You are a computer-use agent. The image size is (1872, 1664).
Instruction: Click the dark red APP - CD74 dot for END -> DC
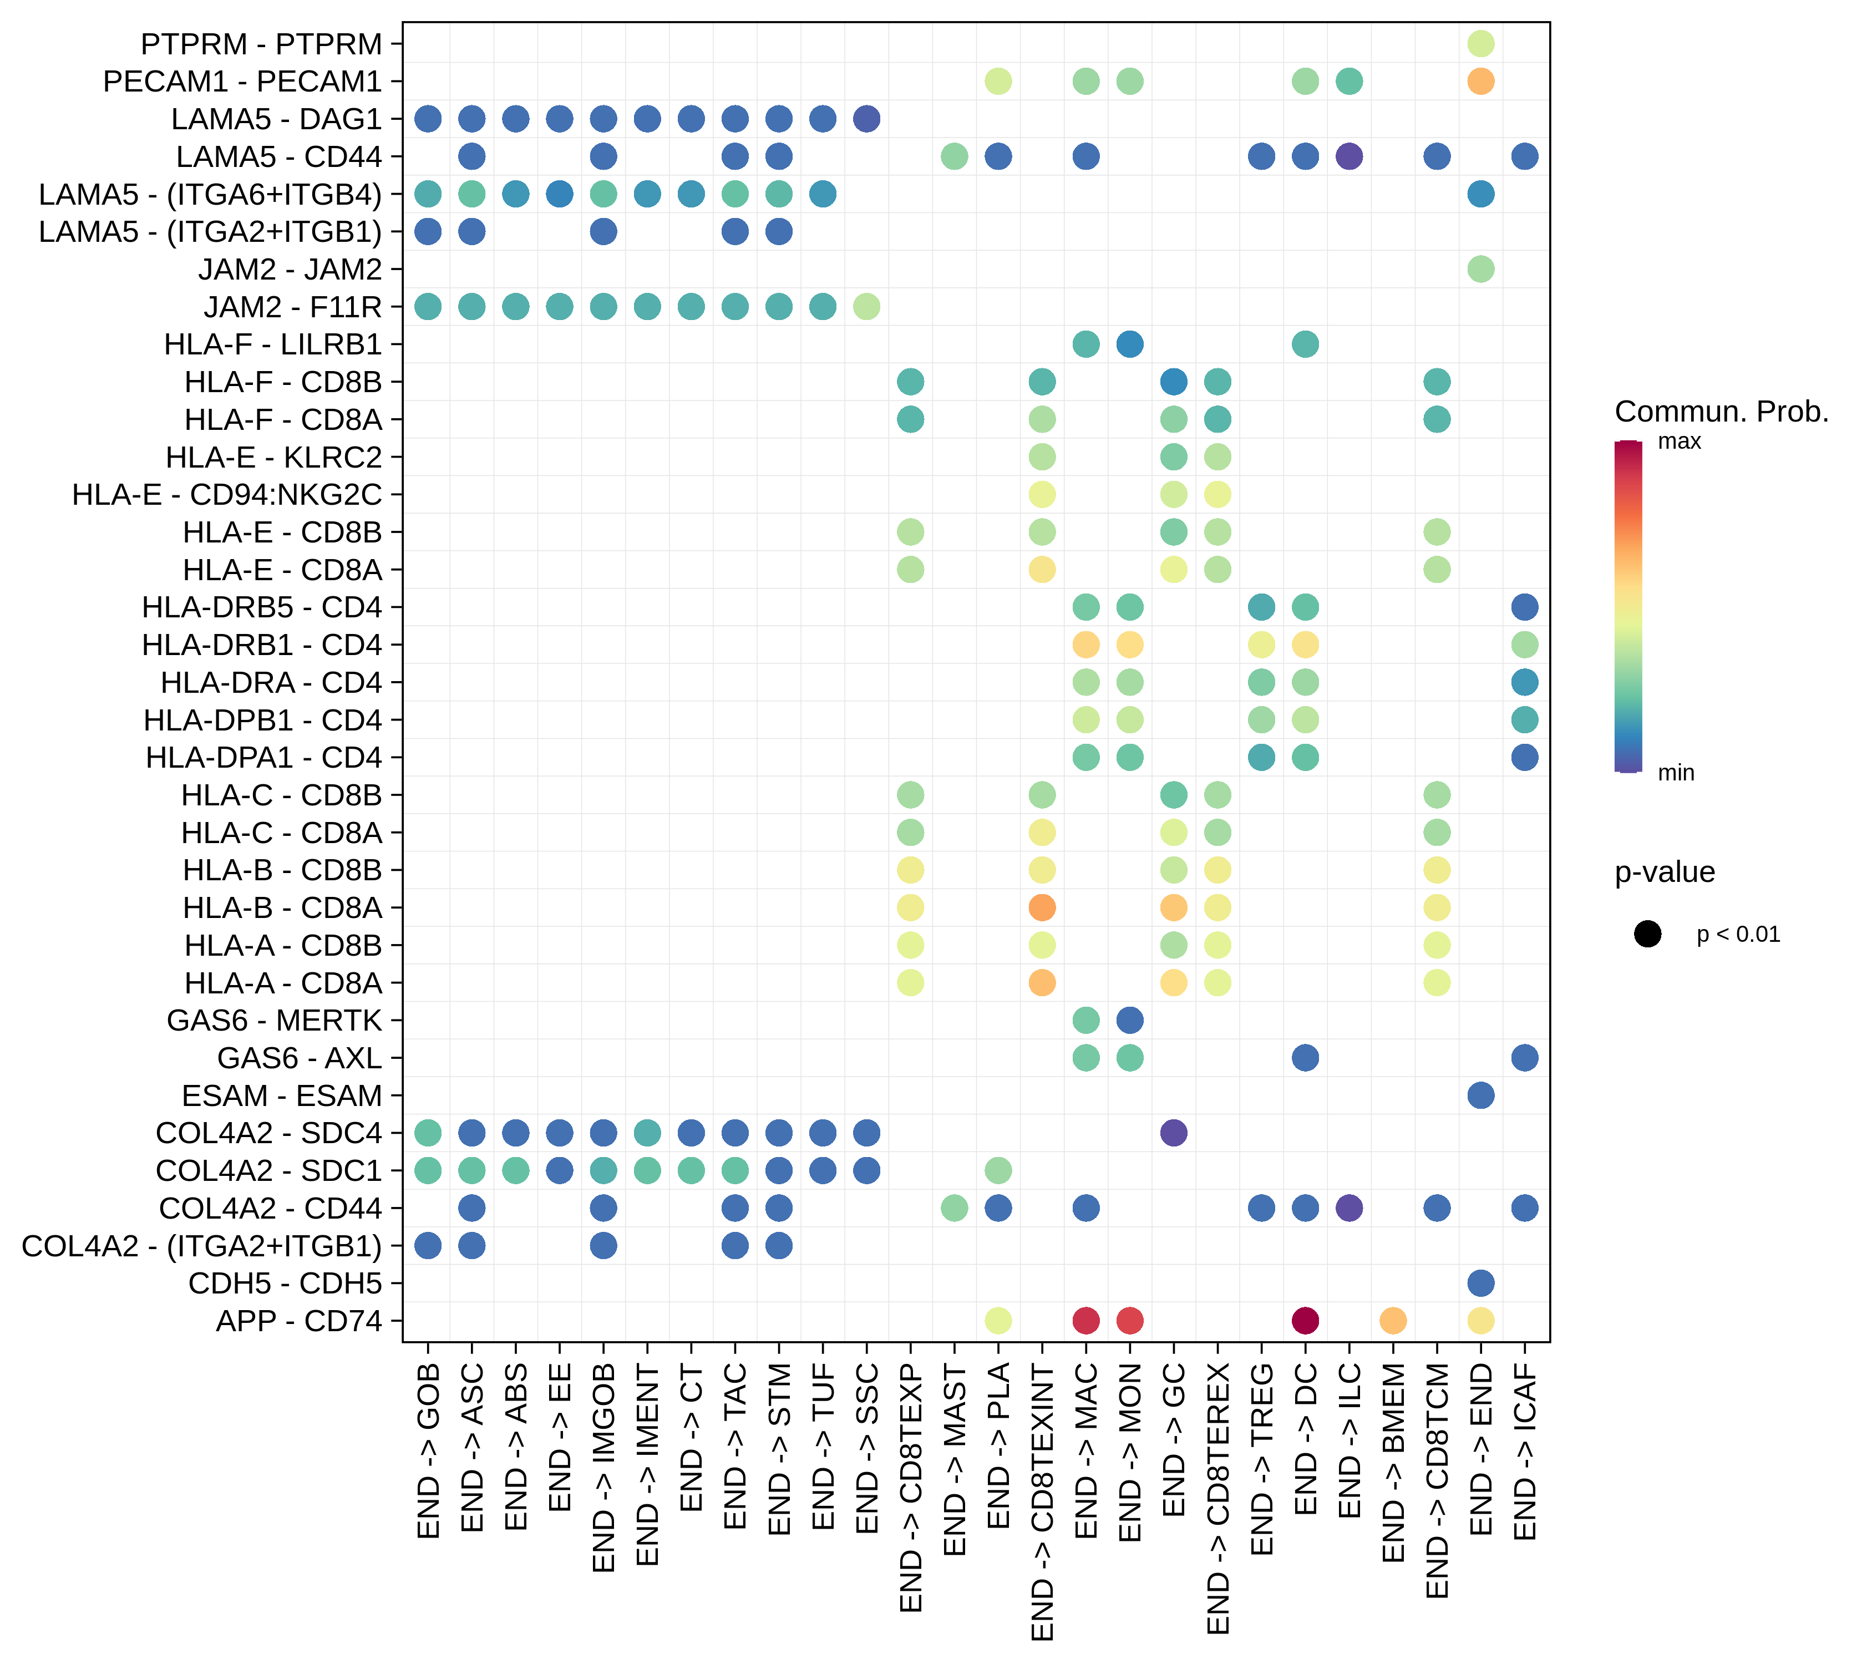(1305, 1321)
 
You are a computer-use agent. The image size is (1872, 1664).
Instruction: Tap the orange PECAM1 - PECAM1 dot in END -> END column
(1481, 82)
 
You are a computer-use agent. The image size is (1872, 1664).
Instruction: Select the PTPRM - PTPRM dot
(1481, 43)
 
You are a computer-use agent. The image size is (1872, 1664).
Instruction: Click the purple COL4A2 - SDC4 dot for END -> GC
(1173, 1133)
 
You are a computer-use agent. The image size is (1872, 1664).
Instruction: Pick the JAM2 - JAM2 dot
(1481, 269)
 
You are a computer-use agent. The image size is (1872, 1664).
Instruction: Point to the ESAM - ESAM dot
(1481, 1095)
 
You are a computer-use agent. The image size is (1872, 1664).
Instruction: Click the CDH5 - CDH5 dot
(1481, 1283)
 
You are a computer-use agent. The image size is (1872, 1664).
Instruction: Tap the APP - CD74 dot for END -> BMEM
(1393, 1321)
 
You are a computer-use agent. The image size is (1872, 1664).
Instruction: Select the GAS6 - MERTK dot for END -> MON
(1130, 1020)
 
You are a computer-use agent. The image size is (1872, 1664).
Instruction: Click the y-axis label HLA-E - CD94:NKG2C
(227, 495)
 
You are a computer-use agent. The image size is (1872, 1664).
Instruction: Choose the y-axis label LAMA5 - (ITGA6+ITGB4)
(210, 194)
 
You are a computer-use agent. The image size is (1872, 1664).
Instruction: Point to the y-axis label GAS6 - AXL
(300, 1058)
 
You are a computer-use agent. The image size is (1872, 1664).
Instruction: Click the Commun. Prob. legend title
(1721, 412)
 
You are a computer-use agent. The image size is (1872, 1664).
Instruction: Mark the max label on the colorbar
(1679, 442)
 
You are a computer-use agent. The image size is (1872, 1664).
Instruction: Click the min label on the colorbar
(1676, 773)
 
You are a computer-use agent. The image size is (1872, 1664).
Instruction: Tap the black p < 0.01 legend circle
(1647, 934)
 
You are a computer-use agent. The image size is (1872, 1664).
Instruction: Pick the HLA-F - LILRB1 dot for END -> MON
(1130, 344)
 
